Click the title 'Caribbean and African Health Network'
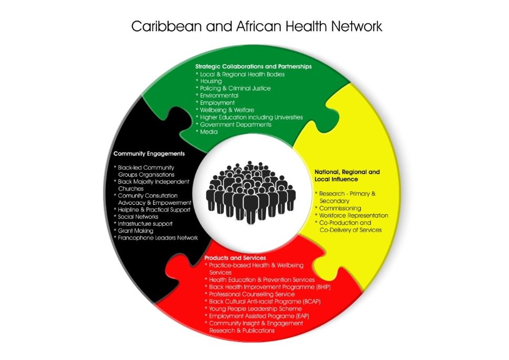[257, 26]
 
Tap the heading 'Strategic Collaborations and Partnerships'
[253, 67]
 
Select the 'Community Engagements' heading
[149, 154]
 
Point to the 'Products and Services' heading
[235, 258]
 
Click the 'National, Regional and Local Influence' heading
[347, 176]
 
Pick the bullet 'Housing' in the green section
[211, 81]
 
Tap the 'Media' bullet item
[209, 132]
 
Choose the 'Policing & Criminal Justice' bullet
[235, 88]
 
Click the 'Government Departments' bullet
[236, 125]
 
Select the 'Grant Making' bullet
[135, 231]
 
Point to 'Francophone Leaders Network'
[158, 238]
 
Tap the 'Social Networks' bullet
[138, 217]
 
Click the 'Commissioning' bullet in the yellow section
[340, 208]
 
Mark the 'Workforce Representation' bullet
[353, 215]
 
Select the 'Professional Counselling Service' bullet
[251, 294]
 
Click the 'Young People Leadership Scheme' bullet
[255, 308]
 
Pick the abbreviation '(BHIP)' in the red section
[323, 287]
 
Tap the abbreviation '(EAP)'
[302, 316]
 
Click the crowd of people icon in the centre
[251, 192]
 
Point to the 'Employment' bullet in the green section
[217, 103]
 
